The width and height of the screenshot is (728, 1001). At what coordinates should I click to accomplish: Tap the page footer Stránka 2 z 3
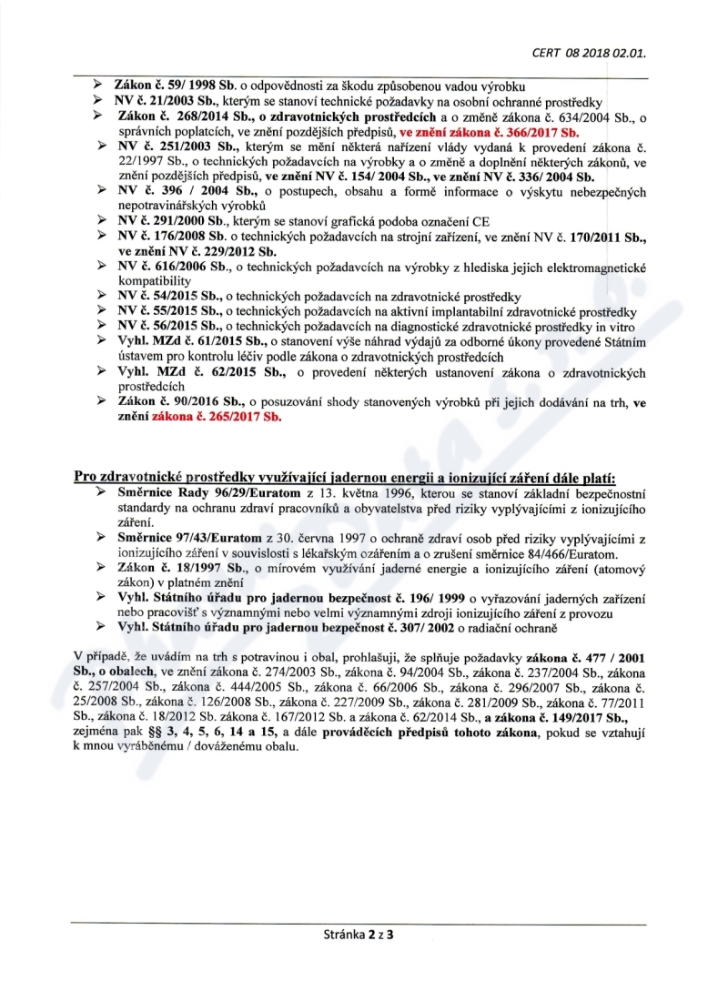tap(363, 934)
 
